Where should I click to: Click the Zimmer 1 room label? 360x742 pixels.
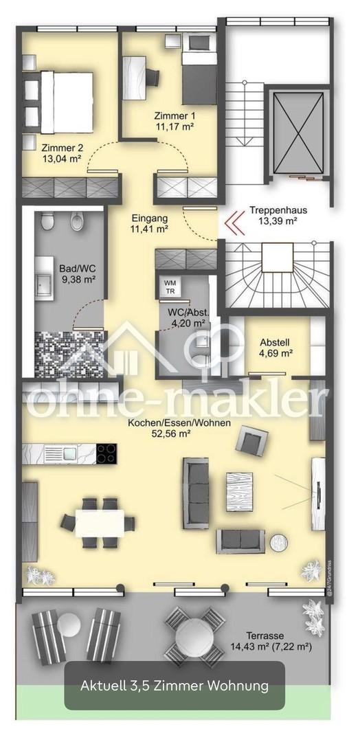tap(175, 121)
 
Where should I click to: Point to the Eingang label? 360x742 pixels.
tap(150, 223)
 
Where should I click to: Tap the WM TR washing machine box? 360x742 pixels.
tap(170, 286)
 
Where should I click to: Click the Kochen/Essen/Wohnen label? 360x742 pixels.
tap(179, 427)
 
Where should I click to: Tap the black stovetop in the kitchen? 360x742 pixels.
tap(106, 453)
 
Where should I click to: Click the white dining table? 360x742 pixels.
tap(100, 523)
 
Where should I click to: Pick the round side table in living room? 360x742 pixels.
tap(279, 542)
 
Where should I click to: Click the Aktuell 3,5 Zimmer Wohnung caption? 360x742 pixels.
tap(175, 685)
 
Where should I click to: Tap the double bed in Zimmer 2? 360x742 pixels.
tap(65, 102)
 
